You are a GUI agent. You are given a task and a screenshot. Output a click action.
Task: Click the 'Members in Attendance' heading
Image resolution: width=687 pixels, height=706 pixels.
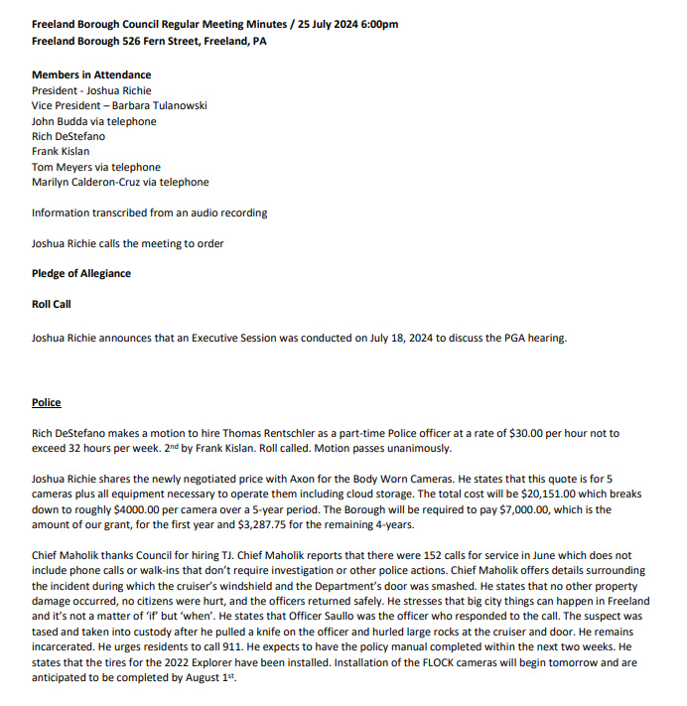pos(91,74)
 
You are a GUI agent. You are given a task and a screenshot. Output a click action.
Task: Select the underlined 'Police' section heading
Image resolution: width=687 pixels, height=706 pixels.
pos(46,402)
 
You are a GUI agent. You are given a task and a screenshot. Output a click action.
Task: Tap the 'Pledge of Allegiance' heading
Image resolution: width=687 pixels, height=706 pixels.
pos(81,273)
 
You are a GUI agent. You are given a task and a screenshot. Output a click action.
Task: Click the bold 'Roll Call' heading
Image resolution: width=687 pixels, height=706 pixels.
pos(52,304)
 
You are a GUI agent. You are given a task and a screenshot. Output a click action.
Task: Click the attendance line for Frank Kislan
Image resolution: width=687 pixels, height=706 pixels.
pos(61,151)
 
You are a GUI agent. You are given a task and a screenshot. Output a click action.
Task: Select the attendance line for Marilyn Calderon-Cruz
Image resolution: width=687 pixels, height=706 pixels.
pos(120,182)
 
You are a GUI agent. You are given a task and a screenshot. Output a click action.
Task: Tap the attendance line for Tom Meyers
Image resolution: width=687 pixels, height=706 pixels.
pos(95,167)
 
